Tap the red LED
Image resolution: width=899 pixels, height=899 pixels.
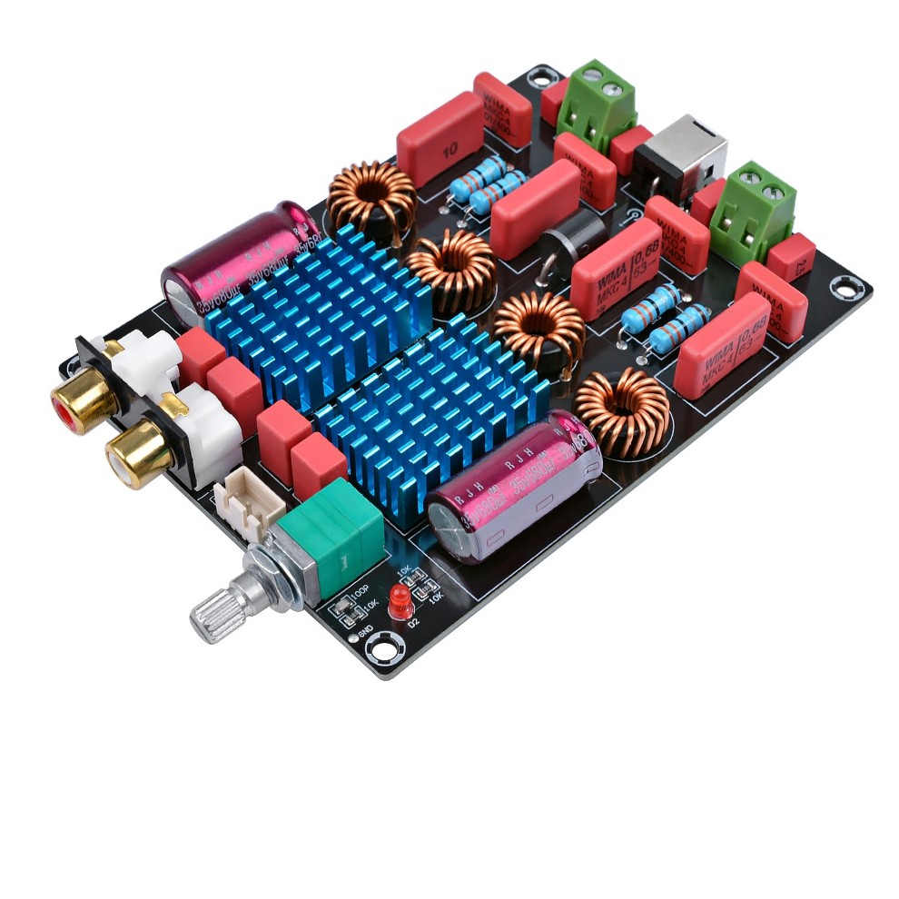tap(399, 601)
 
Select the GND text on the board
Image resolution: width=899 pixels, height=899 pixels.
tap(366, 633)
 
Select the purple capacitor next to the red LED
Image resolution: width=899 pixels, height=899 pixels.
tap(513, 486)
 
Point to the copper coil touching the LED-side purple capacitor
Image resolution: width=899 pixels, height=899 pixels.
tap(623, 410)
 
